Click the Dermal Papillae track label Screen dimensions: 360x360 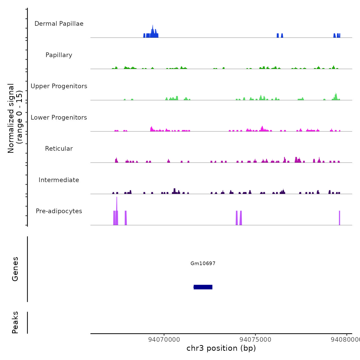point(59,24)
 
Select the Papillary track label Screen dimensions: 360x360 point(59,55)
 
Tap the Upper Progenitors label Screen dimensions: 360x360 point(59,86)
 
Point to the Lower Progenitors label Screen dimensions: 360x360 point(59,118)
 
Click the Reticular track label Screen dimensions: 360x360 point(59,149)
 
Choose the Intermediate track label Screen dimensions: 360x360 point(59,180)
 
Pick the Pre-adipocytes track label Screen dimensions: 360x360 point(59,211)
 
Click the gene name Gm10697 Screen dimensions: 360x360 point(203,263)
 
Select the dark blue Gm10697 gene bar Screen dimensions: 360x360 point(203,287)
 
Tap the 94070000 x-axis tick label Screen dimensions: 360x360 point(164,339)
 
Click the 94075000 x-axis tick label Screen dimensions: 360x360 point(255,339)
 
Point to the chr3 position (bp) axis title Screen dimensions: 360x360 point(221,348)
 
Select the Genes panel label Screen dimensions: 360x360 point(15,269)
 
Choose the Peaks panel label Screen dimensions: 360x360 point(15,322)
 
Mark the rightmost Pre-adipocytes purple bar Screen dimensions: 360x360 point(339,218)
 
